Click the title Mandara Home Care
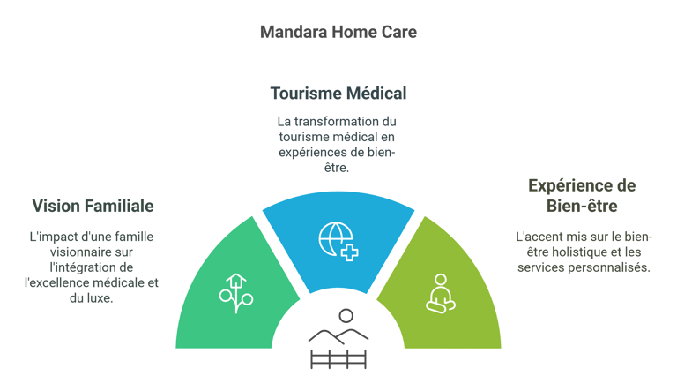point(338,32)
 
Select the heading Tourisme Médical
point(338,93)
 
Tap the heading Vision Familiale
point(93,207)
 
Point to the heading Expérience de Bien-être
point(581,196)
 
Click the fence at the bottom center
point(338,358)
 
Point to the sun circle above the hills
point(346,315)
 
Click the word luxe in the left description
point(100,298)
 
